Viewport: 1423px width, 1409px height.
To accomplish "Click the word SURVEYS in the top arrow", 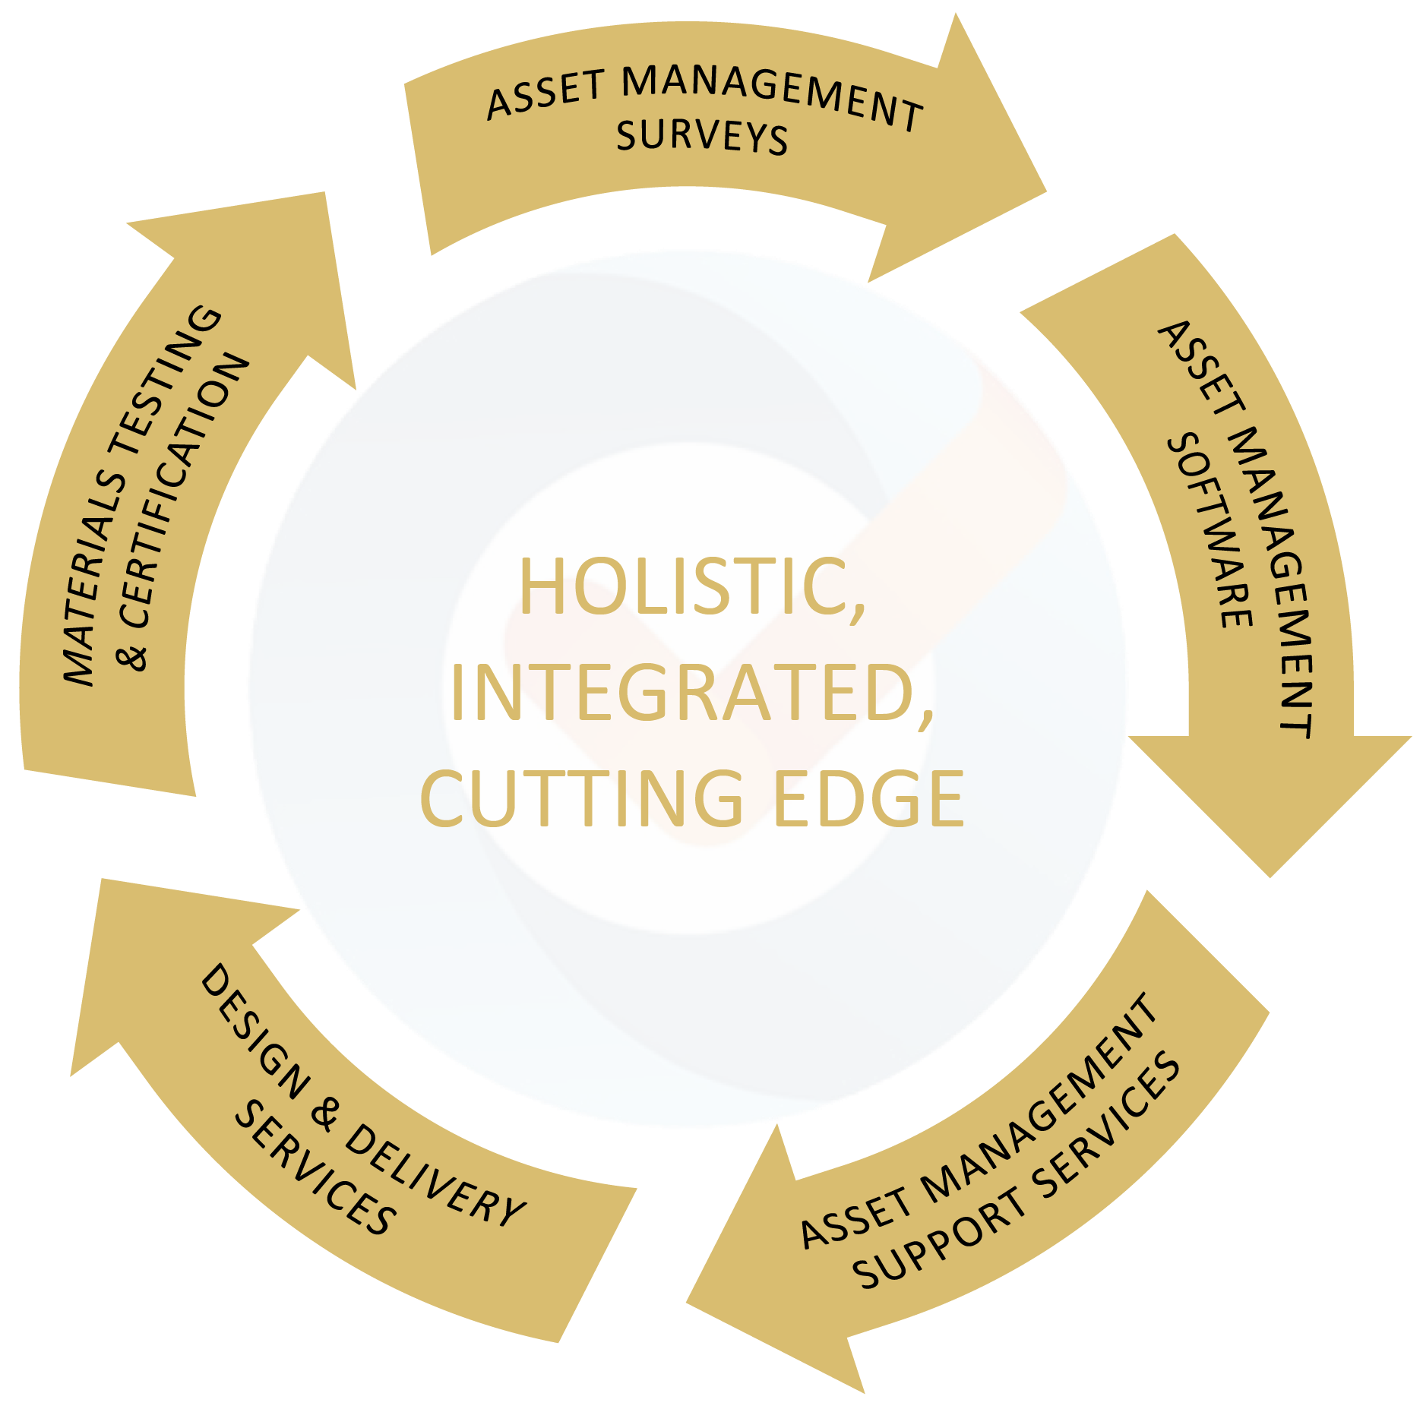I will (x=702, y=137).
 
